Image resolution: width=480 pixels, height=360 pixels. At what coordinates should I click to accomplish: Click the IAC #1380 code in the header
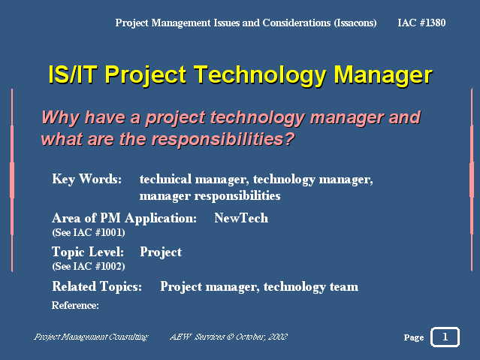421,23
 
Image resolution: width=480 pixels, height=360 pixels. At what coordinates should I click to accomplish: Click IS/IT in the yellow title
73,74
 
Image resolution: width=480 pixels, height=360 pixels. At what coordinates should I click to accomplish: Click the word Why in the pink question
60,117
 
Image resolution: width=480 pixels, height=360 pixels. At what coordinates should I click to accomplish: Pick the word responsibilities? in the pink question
223,139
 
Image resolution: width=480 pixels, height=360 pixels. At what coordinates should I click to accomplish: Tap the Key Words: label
87,179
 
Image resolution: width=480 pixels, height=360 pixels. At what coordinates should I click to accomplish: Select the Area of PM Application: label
124,218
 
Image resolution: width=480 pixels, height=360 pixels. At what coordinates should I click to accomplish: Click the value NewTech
241,218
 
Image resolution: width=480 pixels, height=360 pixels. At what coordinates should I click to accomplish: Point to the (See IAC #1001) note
89,232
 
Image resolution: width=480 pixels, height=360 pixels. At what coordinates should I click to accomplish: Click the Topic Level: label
88,252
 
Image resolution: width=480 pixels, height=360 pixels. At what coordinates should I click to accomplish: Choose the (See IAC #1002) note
89,266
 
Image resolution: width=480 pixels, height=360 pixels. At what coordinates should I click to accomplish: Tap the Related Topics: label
97,287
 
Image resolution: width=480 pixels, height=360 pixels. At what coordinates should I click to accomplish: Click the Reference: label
75,305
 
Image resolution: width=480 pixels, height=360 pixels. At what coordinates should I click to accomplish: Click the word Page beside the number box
414,337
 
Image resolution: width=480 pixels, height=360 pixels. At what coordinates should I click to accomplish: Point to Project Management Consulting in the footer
91,337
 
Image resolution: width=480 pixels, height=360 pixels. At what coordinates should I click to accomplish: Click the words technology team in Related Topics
311,287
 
